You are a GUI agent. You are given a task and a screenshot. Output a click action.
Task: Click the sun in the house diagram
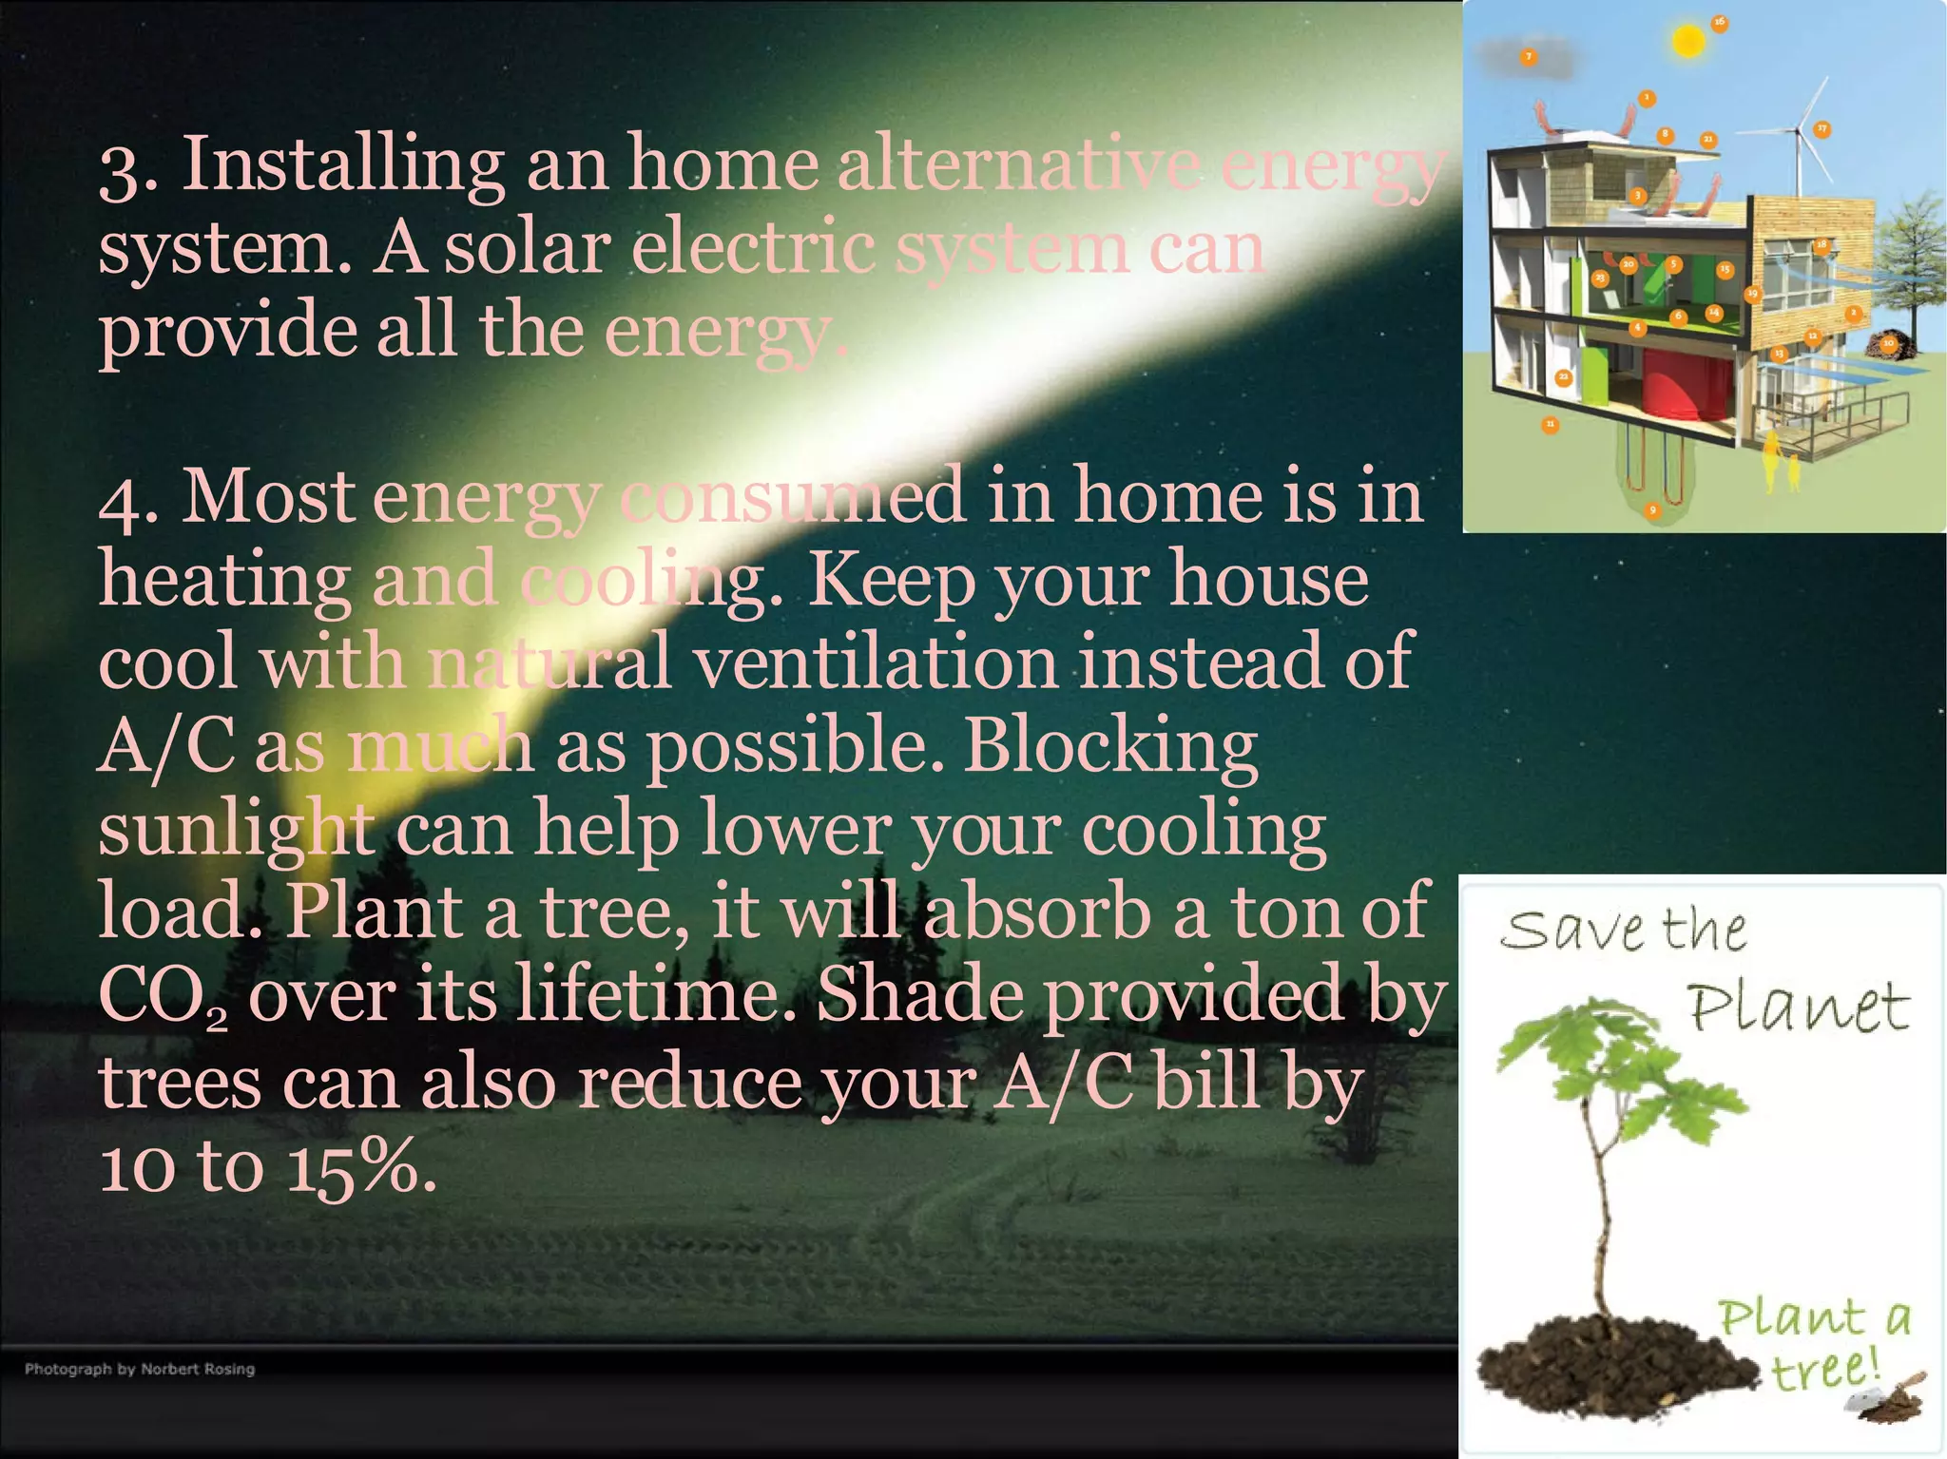1688,42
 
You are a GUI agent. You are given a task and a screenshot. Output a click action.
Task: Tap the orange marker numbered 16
1720,22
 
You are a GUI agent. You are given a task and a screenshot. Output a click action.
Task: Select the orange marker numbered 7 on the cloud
1529,57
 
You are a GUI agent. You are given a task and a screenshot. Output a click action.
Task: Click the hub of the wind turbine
1800,129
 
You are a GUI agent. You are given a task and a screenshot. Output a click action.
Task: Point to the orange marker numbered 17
1822,129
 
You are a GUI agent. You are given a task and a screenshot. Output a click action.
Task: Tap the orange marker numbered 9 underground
1652,510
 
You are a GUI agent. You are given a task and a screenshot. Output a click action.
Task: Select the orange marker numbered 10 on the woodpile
1889,343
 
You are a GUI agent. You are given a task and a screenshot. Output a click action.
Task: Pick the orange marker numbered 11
1551,424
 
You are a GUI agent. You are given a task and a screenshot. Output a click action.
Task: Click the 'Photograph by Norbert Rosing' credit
140,1369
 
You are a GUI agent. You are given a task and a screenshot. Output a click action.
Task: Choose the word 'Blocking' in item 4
1110,747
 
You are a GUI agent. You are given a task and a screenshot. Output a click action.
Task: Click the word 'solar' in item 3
528,249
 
